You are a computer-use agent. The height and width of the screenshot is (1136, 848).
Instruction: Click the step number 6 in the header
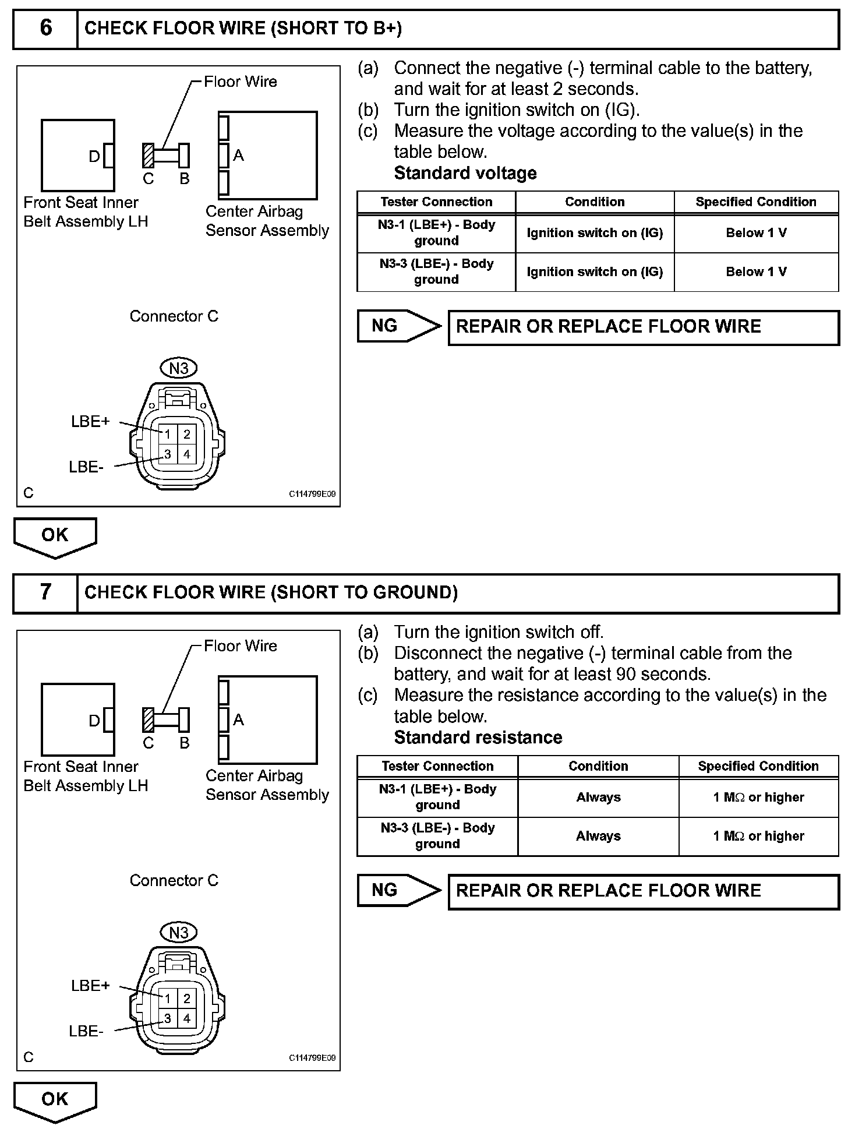pos(45,28)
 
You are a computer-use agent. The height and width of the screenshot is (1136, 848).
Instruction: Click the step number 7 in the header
pos(45,592)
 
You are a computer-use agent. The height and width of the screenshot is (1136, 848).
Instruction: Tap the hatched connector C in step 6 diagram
pos(149,156)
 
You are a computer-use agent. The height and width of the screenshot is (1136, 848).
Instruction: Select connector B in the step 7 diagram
pos(184,720)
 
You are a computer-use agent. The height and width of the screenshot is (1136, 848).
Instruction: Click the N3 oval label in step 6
pos(179,368)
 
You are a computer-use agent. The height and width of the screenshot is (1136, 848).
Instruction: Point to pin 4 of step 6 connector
pos(187,454)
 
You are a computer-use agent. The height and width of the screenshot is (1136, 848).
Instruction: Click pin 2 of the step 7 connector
pos(187,999)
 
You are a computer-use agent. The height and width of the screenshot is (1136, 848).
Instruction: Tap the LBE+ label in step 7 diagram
pos(90,986)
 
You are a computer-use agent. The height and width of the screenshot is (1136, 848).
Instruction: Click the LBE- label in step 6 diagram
pos(86,467)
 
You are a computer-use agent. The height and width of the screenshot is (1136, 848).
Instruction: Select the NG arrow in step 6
pos(399,326)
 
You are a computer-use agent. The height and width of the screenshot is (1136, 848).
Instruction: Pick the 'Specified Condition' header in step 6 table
pos(756,202)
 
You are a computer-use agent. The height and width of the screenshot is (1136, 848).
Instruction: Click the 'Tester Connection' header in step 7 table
pos(437,766)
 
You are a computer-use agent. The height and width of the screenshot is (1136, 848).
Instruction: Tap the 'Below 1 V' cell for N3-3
pos(756,271)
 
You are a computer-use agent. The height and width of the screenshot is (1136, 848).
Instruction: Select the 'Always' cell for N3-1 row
pos(598,797)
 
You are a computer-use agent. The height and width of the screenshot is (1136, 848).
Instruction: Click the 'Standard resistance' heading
pos(478,738)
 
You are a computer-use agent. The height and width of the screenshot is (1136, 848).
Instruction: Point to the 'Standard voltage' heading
pos(465,173)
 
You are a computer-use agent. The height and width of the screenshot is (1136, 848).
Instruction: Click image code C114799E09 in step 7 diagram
pos(312,1058)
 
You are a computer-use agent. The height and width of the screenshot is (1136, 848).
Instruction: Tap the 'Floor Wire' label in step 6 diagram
pos(241,82)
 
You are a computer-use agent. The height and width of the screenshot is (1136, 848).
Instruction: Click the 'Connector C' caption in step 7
pos(174,880)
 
